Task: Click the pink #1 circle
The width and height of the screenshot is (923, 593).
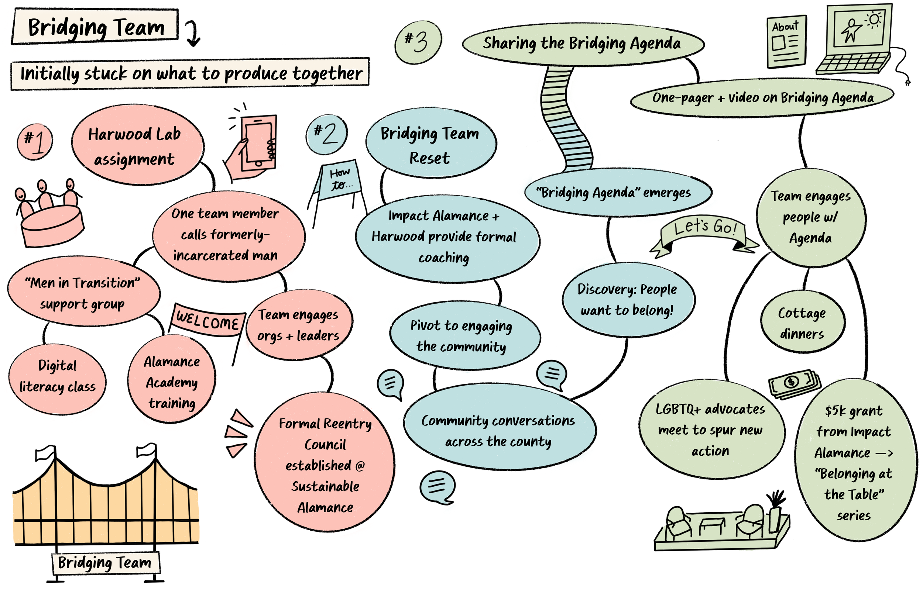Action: pyautogui.click(x=35, y=141)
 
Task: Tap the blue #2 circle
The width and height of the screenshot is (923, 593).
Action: pyautogui.click(x=326, y=134)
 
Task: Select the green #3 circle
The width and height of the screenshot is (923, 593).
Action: pyautogui.click(x=418, y=42)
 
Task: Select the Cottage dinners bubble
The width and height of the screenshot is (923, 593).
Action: pyautogui.click(x=802, y=323)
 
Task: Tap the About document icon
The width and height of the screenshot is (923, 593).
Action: pyautogui.click(x=786, y=42)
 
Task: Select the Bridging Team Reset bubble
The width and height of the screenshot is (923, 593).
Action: pyautogui.click(x=430, y=144)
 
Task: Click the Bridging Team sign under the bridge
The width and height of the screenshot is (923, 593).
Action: pyautogui.click(x=105, y=563)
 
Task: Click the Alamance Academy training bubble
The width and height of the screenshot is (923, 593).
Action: pyautogui.click(x=172, y=381)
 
